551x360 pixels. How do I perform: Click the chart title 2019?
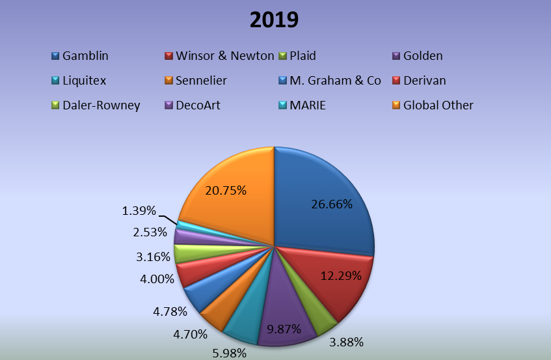(275, 20)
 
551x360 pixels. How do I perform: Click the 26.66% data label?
(332, 204)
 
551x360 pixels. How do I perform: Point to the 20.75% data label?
(226, 191)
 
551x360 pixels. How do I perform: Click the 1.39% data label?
(139, 211)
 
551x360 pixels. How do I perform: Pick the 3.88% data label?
(345, 342)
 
